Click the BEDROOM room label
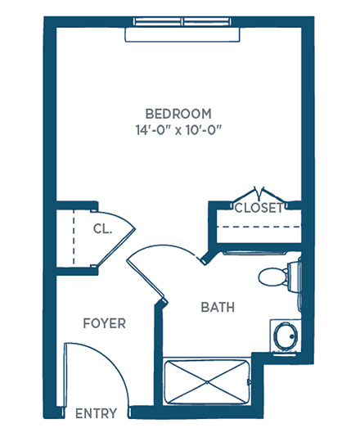(x=178, y=114)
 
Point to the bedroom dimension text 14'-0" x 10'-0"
(x=178, y=130)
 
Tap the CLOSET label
(x=259, y=208)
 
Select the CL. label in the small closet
(x=102, y=228)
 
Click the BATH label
(x=218, y=308)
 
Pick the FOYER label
(x=105, y=323)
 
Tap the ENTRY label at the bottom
(x=96, y=413)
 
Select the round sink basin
(x=286, y=336)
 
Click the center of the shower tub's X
(x=207, y=382)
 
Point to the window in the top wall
(x=182, y=21)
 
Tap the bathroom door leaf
(x=146, y=280)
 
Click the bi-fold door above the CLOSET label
(x=259, y=194)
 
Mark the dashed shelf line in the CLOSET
(x=259, y=227)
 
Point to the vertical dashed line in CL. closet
(x=74, y=237)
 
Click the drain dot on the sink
(x=292, y=336)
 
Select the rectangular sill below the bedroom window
(x=182, y=34)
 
